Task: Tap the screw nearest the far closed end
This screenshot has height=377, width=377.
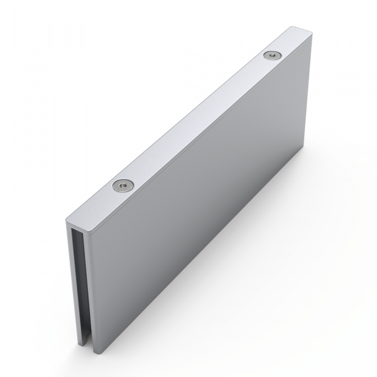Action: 272,56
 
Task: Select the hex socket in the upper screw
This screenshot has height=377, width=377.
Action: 272,56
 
